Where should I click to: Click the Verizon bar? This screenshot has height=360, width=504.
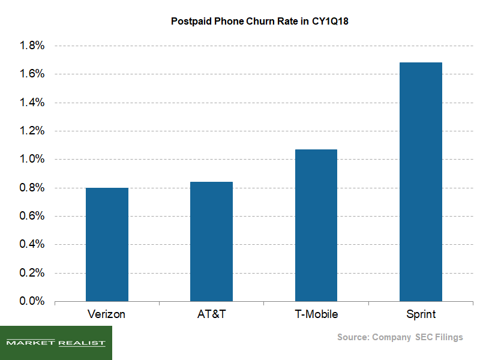[107, 244]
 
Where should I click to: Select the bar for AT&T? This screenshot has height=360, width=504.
[211, 241]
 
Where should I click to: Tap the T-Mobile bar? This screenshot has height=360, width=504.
[316, 225]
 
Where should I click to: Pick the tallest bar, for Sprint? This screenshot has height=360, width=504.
[421, 181]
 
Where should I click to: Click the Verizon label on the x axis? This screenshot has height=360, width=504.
[107, 314]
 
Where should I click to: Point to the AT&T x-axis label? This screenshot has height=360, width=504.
[211, 314]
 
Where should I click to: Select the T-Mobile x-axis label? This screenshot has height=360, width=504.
[316, 314]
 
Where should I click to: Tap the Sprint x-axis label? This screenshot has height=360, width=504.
[421, 314]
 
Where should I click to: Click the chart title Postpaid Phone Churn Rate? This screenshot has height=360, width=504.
[252, 22]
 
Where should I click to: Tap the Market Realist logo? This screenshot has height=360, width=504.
[56, 343]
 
